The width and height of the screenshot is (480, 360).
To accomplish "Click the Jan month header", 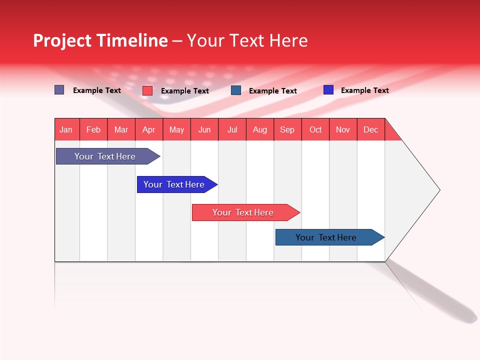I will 66,129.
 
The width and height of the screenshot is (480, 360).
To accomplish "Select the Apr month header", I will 149,129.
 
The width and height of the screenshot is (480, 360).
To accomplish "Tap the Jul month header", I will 232,129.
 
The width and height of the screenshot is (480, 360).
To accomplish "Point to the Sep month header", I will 287,129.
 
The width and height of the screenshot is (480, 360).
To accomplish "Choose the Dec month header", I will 370,129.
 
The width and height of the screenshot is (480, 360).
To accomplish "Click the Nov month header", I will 343,129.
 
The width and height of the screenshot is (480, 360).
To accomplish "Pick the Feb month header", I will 93,129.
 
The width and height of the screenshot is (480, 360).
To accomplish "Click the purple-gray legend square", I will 59,90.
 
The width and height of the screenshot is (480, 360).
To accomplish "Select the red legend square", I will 147,90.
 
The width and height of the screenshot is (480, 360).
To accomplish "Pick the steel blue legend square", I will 236,90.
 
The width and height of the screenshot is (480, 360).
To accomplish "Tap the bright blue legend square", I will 328,90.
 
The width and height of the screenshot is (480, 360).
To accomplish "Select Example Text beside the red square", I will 185,91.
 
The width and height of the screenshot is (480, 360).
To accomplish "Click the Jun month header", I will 204,129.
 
